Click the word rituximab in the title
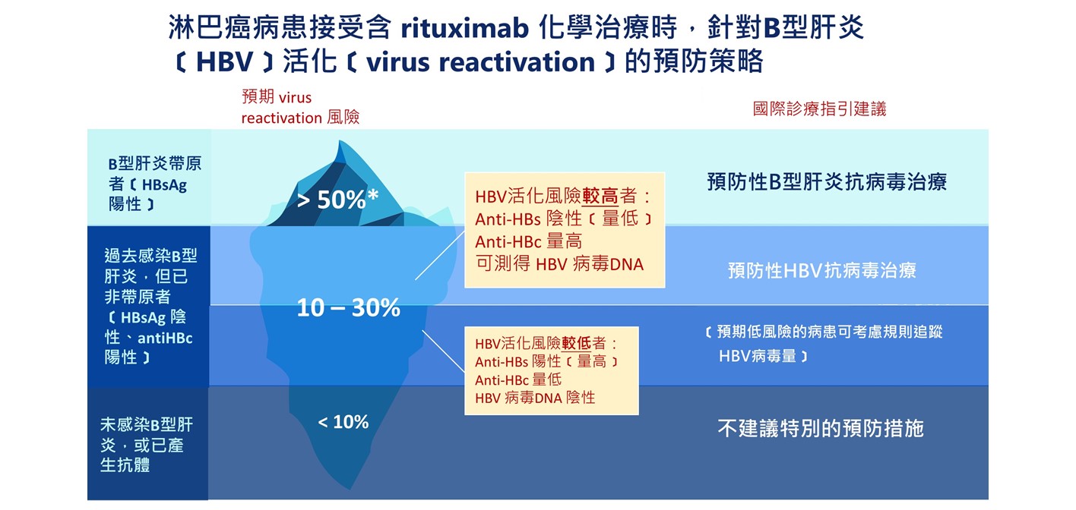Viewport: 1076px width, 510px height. click(465, 27)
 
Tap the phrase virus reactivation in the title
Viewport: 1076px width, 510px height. click(480, 62)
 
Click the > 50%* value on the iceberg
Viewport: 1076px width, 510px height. click(337, 200)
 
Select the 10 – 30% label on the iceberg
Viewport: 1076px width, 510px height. click(348, 307)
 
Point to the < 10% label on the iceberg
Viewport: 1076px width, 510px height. click(343, 422)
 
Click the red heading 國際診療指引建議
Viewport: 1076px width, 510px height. click(819, 109)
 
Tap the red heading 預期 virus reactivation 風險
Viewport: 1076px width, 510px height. click(300, 107)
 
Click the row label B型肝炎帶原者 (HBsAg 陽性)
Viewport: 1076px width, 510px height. click(154, 184)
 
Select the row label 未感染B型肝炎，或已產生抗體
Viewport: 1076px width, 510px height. click(147, 445)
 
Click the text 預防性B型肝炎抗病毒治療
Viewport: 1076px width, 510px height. click(827, 182)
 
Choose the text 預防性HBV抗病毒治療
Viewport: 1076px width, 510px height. click(822, 271)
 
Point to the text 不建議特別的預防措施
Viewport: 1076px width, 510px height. click(821, 429)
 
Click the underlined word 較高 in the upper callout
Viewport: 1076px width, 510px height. click(600, 197)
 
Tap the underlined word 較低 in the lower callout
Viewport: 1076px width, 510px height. click(577, 343)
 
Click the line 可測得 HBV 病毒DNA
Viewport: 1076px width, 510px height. click(559, 264)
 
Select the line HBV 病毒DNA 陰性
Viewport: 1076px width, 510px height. click(535, 398)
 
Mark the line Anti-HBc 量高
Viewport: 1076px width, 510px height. click(528, 241)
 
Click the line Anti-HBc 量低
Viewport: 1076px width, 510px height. click(518, 380)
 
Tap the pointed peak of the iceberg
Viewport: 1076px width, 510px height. click(340, 140)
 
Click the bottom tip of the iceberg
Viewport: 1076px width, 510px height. click(350, 489)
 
